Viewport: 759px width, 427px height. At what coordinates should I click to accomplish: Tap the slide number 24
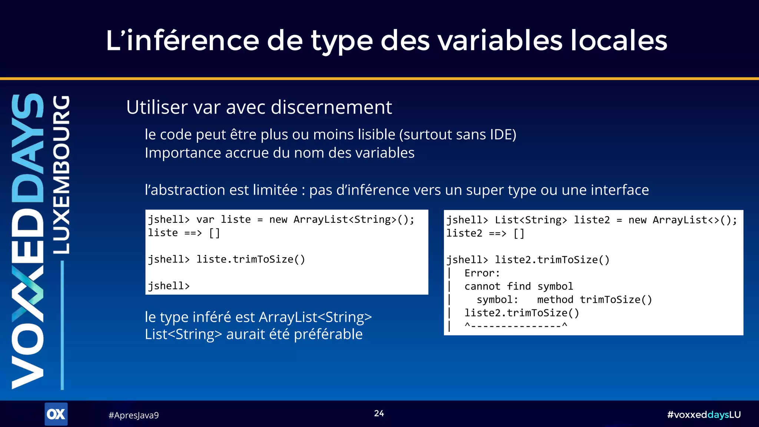(379, 413)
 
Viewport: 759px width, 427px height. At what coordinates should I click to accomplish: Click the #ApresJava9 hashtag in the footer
(133, 415)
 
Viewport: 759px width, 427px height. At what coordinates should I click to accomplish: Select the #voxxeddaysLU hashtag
(704, 415)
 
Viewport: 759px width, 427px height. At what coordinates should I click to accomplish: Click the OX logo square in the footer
(56, 414)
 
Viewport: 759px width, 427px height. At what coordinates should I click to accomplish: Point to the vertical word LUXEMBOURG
(61, 174)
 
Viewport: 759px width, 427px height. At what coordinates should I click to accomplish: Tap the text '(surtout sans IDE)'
(457, 135)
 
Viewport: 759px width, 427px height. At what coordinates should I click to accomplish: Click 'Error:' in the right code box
(482, 273)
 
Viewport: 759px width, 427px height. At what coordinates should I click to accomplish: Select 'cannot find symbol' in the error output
(518, 287)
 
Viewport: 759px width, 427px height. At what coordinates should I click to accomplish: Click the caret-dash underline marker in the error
(516, 326)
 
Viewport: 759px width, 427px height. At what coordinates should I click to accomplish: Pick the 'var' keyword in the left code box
(205, 219)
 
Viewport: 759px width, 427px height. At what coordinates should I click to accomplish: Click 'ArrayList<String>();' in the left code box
(354, 219)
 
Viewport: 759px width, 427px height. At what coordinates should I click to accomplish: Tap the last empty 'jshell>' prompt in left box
(169, 286)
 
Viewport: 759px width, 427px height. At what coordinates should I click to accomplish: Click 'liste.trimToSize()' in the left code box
(251, 259)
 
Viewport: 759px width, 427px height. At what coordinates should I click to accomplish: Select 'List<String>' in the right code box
(531, 220)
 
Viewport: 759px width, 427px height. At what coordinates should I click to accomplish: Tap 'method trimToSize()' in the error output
(594, 299)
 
